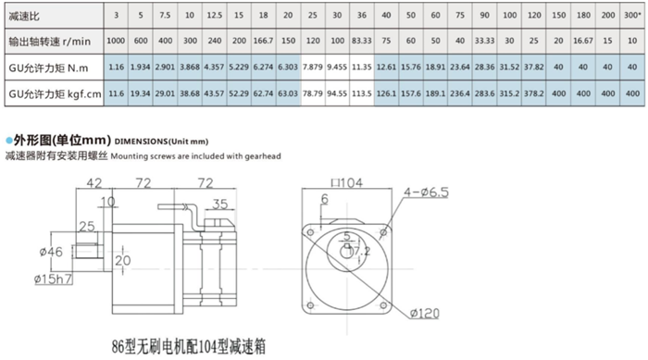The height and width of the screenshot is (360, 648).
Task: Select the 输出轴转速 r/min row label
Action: pyautogui.click(x=52, y=41)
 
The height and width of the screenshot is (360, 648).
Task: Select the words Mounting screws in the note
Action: pyautogui.click(x=140, y=156)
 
